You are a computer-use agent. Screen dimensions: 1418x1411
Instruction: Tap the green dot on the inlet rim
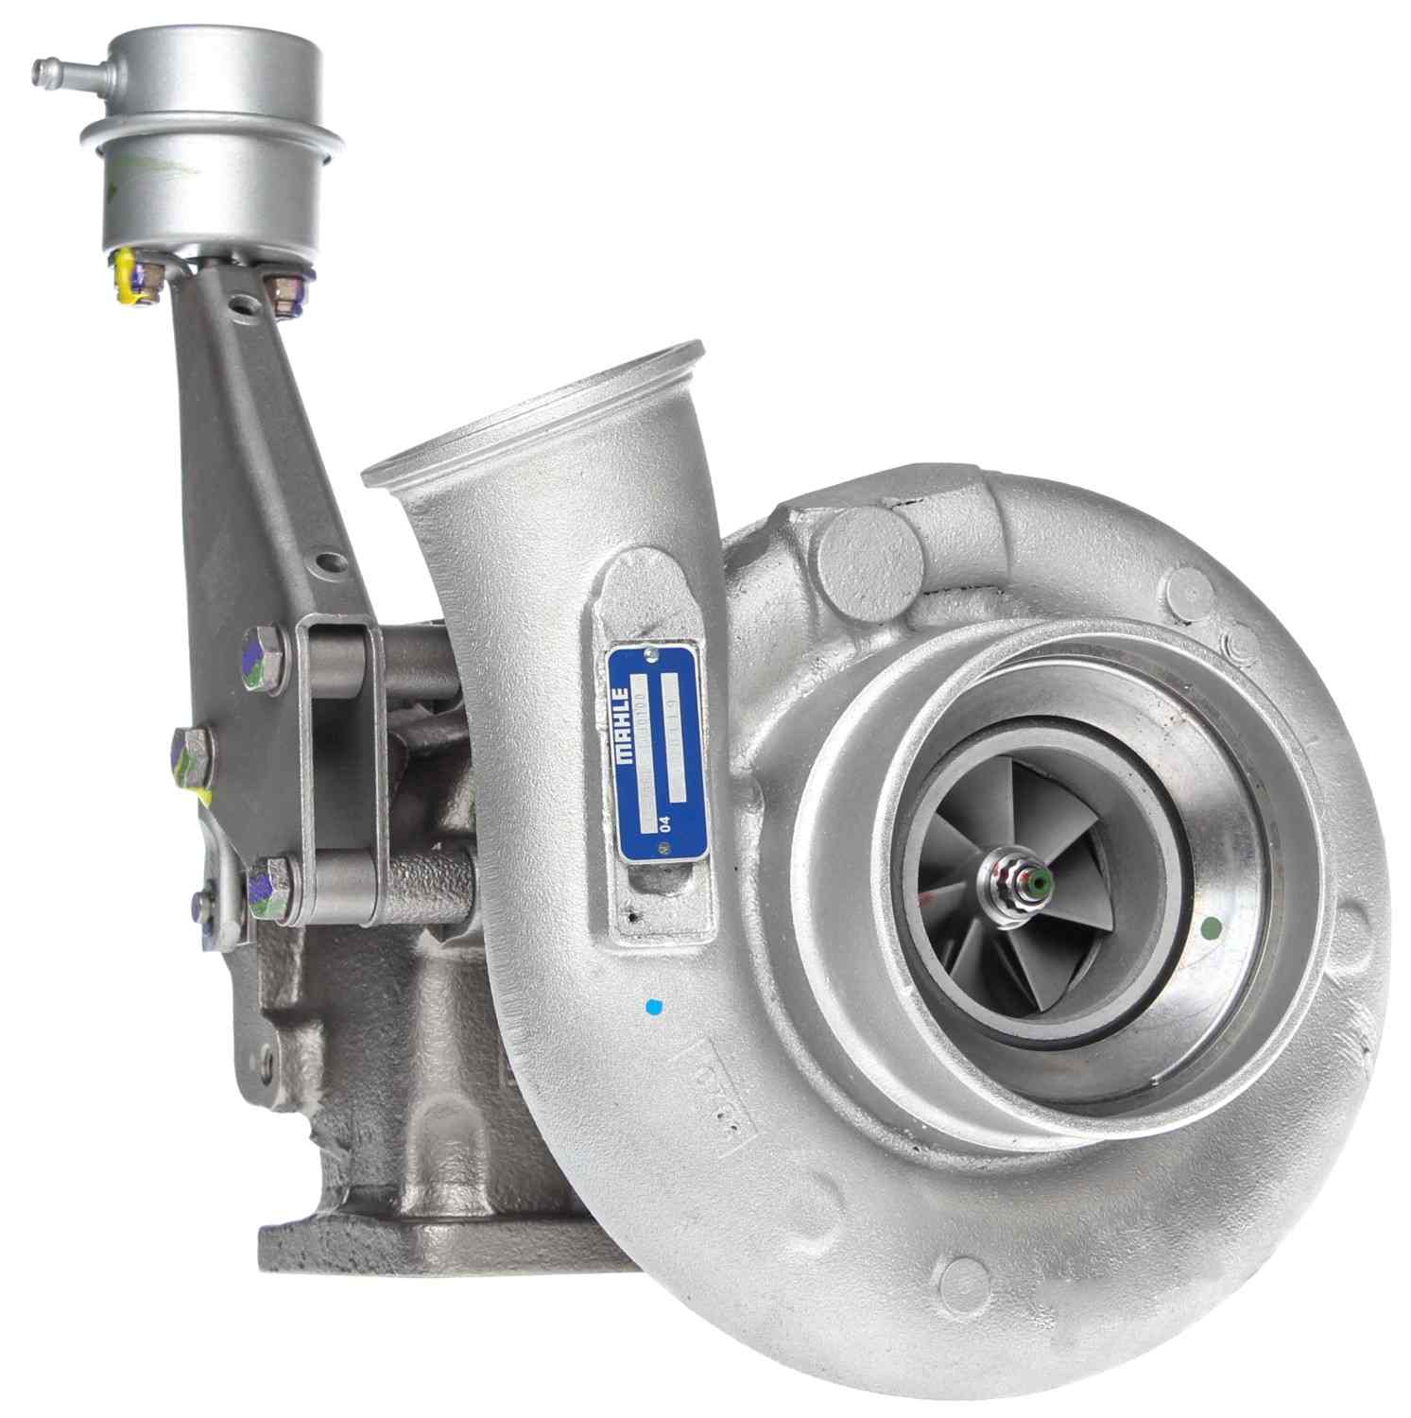pos(1209,930)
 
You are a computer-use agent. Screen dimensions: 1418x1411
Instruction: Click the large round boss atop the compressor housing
pos(868,564)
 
